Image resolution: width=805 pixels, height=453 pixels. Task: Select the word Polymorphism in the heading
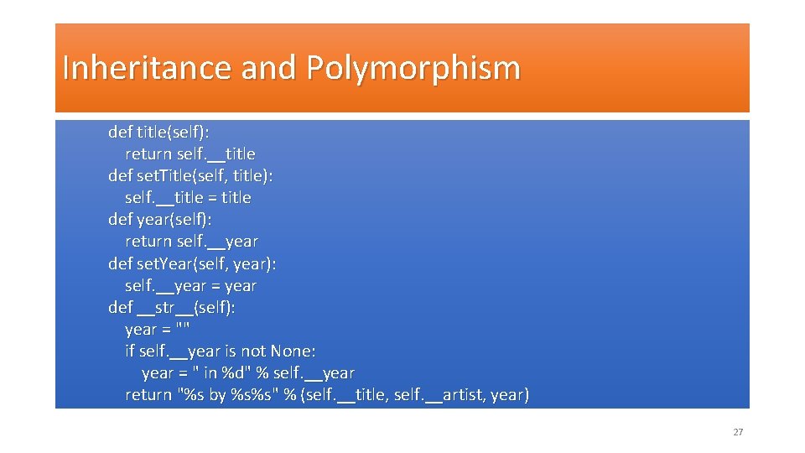413,68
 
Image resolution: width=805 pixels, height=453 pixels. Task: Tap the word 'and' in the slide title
268,68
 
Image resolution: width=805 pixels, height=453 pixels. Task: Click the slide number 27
738,432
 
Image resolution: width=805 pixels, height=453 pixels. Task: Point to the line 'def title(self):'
159,133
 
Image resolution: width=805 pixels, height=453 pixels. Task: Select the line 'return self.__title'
190,154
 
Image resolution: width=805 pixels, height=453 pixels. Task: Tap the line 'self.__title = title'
188,198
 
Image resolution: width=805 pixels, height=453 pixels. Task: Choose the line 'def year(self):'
160,220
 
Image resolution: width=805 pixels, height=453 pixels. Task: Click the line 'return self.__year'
192,242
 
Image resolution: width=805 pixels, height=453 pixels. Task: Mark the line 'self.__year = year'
190,285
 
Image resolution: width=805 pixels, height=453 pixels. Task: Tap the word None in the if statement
293,351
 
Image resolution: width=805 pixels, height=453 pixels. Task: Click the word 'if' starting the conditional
130,351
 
